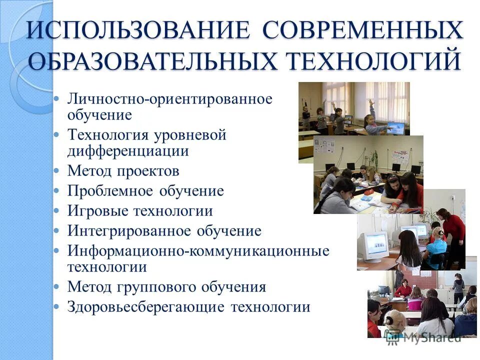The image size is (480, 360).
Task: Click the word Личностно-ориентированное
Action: click(x=170, y=99)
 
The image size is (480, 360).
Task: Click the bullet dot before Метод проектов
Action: click(x=57, y=171)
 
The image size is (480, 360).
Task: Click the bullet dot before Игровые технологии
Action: click(x=57, y=211)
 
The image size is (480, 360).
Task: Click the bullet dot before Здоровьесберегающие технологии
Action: click(x=57, y=306)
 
